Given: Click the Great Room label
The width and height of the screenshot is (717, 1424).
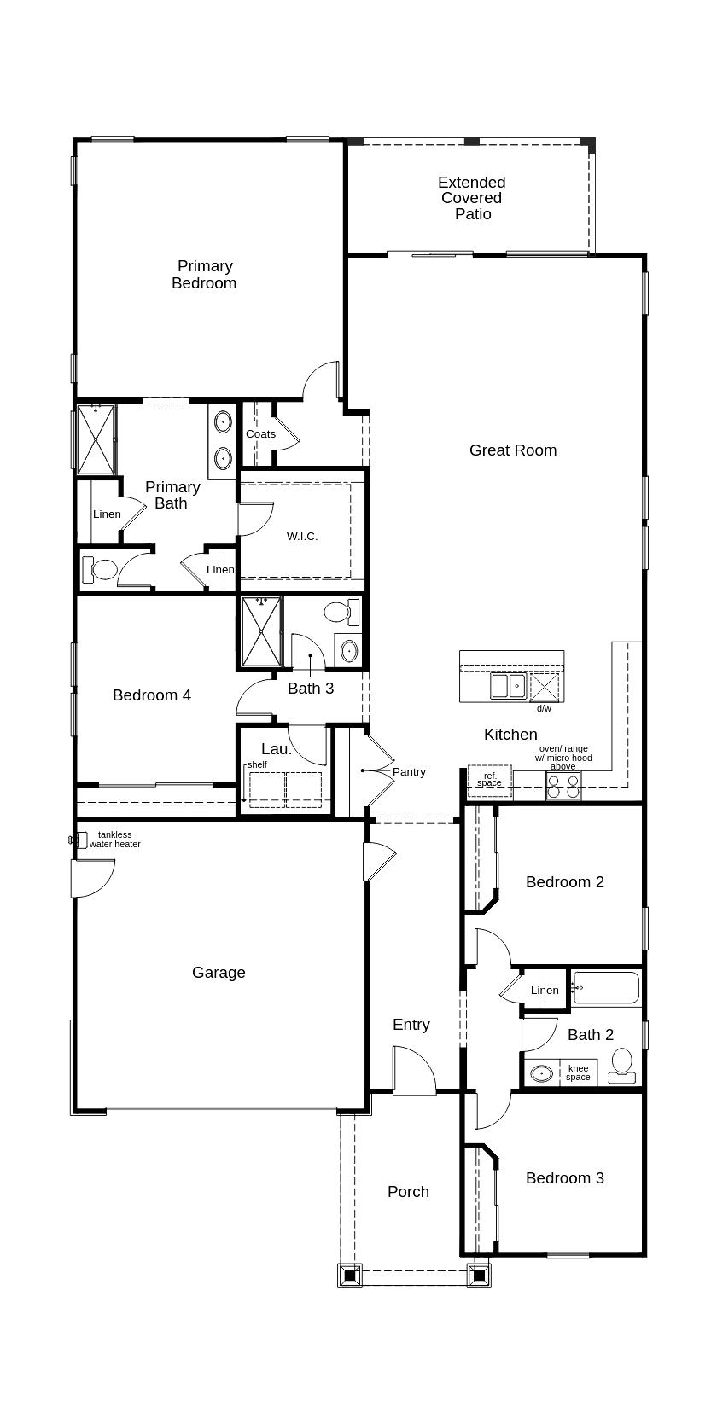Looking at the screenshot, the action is pyautogui.click(x=513, y=450).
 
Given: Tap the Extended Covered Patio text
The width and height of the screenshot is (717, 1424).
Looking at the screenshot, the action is pyautogui.click(x=472, y=198).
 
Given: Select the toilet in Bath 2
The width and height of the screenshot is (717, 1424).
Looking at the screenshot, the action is pyautogui.click(x=621, y=1066).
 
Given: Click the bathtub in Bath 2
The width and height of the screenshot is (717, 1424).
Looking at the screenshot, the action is pyautogui.click(x=606, y=988).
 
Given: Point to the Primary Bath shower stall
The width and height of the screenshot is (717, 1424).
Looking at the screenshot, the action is pyautogui.click(x=96, y=439).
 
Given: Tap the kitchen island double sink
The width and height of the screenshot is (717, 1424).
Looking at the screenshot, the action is pyautogui.click(x=509, y=685).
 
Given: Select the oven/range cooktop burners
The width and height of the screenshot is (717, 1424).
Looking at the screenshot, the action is pyautogui.click(x=563, y=786).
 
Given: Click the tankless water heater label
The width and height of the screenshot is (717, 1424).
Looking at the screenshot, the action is pyautogui.click(x=114, y=840).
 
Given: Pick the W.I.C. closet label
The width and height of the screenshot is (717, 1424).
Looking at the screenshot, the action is pyautogui.click(x=302, y=537).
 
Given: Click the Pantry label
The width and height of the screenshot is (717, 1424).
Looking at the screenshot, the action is pyautogui.click(x=409, y=772).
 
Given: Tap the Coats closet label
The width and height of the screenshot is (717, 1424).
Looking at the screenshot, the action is pyautogui.click(x=261, y=434).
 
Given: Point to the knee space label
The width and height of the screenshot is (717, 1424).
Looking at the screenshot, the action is pyautogui.click(x=578, y=1072).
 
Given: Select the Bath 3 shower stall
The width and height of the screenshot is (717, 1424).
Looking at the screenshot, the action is pyautogui.click(x=261, y=631).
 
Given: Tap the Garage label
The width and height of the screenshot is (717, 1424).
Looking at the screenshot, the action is pyautogui.click(x=219, y=973).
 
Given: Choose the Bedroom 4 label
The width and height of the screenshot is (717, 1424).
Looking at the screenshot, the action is pyautogui.click(x=151, y=695).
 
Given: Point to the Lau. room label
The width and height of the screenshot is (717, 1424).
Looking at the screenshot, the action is pyautogui.click(x=277, y=749).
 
